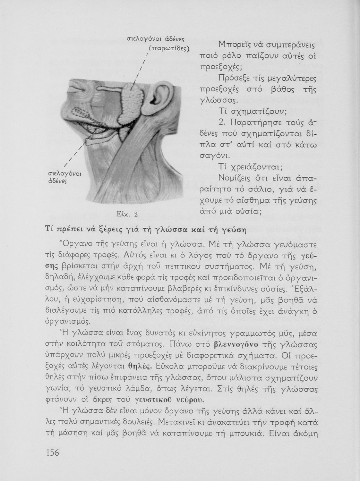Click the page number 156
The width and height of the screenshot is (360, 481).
53,452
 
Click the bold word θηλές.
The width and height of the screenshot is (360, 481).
139,366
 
